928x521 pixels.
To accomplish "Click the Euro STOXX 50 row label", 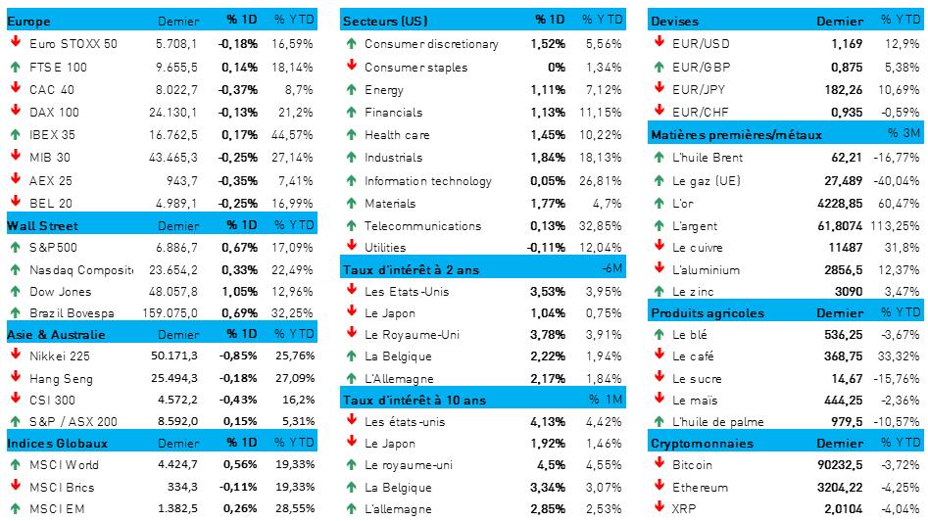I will [x=73, y=43].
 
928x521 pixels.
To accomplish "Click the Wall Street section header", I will [x=36, y=223].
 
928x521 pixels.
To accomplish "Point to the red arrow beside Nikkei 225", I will [x=16, y=356].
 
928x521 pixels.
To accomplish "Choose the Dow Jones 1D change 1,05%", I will [x=238, y=291].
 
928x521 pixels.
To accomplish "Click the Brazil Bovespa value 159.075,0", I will [x=170, y=313].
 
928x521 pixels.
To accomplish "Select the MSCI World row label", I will [x=65, y=465].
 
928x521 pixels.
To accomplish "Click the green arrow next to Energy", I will [x=351, y=89].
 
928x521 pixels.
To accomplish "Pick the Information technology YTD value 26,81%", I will [x=602, y=180].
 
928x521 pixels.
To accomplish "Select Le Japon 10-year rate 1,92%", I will [x=547, y=443].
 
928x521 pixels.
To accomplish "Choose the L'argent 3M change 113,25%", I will [x=899, y=225].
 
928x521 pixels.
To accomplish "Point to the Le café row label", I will [x=694, y=355].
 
